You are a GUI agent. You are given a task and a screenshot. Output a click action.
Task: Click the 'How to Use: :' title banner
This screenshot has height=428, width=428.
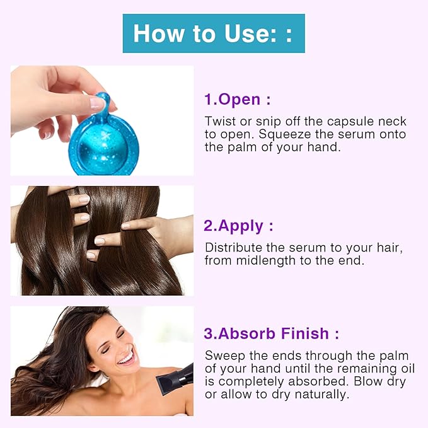213,33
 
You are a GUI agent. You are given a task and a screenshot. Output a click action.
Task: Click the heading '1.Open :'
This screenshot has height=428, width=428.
237,100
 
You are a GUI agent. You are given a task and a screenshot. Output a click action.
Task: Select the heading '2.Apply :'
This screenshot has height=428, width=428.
238,226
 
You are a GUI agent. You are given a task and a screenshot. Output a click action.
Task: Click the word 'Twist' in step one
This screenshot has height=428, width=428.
219,121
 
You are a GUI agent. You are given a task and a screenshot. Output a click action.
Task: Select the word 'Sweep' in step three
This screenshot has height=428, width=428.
222,356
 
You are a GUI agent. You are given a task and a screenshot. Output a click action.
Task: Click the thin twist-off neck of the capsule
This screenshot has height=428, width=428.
101,104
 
